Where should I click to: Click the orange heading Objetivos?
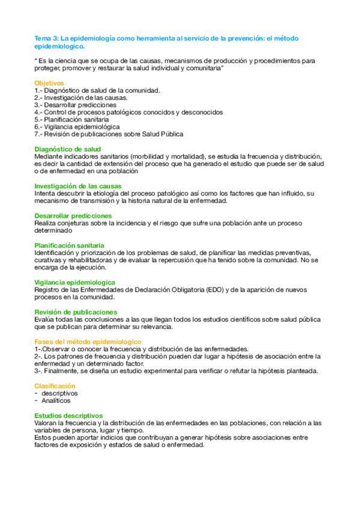pyautogui.click(x=49, y=83)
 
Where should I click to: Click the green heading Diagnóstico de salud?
pyautogui.click(x=67, y=149)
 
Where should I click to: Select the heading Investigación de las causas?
pyautogui.click(x=78, y=186)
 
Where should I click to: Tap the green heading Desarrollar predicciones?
pyautogui.click(x=73, y=215)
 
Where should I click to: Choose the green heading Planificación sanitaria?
pyautogui.click(x=70, y=245)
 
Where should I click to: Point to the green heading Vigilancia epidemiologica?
pyautogui.click(x=75, y=282)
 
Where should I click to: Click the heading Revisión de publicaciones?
pyautogui.click(x=76, y=312)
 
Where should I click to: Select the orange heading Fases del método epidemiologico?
pyautogui.click(x=88, y=342)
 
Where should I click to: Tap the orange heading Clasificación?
pyautogui.click(x=55, y=386)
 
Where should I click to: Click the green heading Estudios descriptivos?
pyautogui.click(x=69, y=416)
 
